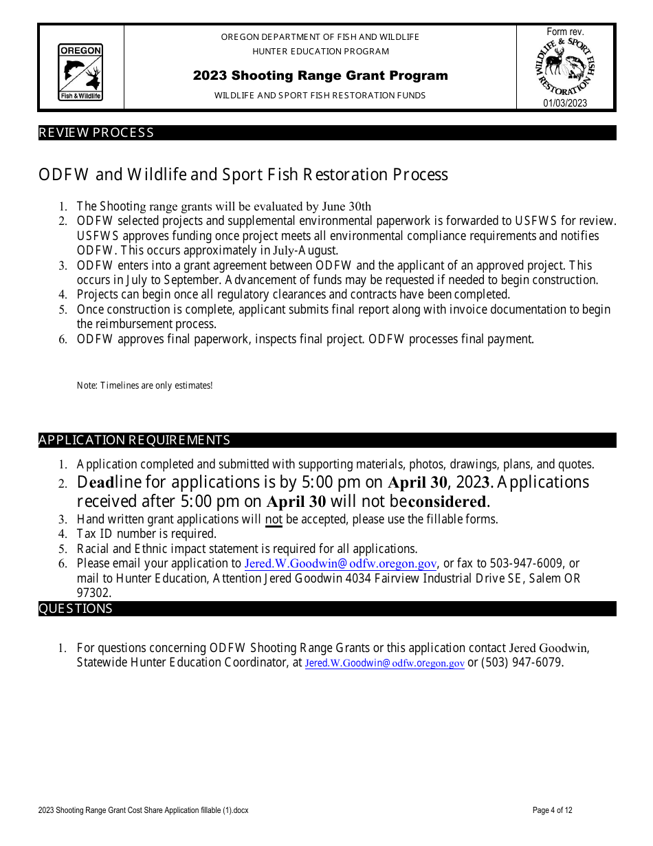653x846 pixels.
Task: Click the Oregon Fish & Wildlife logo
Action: [80, 72]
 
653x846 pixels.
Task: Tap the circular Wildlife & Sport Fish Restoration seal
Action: [565, 67]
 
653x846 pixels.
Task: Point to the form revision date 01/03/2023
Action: [565, 103]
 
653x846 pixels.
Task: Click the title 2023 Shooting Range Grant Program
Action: [320, 76]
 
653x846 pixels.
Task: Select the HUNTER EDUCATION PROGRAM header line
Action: [320, 52]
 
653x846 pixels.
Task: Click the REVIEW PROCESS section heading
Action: [96, 133]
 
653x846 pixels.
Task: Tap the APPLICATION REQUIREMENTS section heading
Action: [135, 440]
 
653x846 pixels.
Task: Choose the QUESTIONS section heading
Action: [76, 609]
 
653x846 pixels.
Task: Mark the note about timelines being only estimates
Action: [145, 386]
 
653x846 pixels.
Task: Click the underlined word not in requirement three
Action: [274, 519]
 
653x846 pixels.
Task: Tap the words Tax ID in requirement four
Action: [96, 534]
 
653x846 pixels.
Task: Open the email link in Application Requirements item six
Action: [341, 564]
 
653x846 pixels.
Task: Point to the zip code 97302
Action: [93, 593]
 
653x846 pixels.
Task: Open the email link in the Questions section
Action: [385, 663]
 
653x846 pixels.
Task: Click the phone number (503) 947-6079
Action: [522, 663]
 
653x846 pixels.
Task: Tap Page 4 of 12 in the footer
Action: [552, 810]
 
